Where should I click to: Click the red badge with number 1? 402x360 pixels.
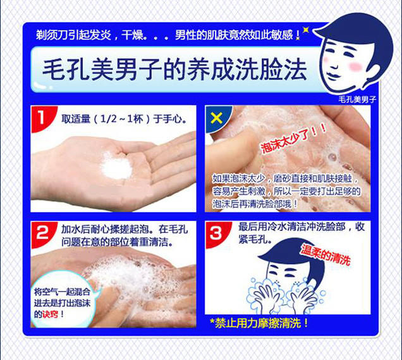pyautogui.click(x=42, y=118)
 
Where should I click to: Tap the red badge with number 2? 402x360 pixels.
pyautogui.click(x=42, y=234)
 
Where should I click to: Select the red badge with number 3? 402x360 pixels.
pyautogui.click(x=217, y=234)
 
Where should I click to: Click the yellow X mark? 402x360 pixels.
pyautogui.click(x=216, y=118)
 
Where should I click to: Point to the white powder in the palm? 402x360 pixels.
pyautogui.click(x=117, y=166)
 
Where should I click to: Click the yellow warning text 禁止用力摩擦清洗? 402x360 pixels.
pyautogui.click(x=259, y=323)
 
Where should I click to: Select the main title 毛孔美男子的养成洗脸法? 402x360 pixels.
pyautogui.click(x=174, y=70)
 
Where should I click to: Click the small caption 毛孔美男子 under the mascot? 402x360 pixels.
pyautogui.click(x=357, y=99)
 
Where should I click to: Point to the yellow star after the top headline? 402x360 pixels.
pyautogui.click(x=305, y=30)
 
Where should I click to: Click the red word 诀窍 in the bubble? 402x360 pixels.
pyautogui.click(x=50, y=314)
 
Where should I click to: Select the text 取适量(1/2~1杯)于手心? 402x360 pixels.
pyautogui.click(x=124, y=119)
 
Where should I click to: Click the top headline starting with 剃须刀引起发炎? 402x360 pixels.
pyautogui.click(x=168, y=35)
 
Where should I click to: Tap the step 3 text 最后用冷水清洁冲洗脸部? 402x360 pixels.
pyautogui.click(x=292, y=227)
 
